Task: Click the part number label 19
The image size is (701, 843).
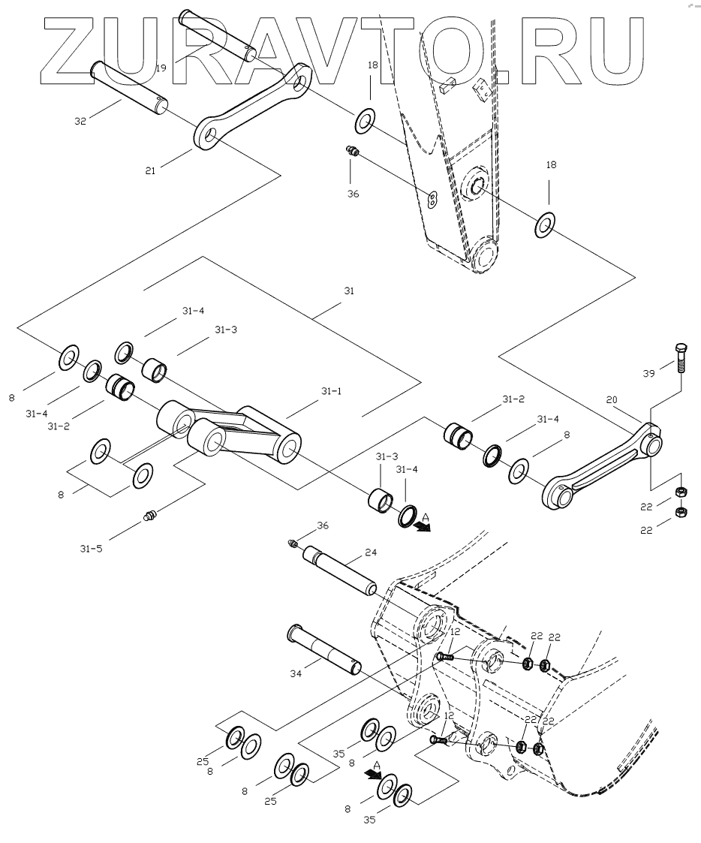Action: [x=161, y=68]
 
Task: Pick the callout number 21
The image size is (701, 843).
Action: [x=150, y=171]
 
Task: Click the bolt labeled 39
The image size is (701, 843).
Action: [x=680, y=358]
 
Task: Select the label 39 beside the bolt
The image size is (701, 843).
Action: [x=650, y=373]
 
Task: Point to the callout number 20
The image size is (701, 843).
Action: [x=612, y=401]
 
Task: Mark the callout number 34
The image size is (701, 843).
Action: [x=296, y=674]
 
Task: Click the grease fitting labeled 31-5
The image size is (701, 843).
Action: [x=151, y=516]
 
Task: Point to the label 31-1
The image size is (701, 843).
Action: [x=331, y=391]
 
